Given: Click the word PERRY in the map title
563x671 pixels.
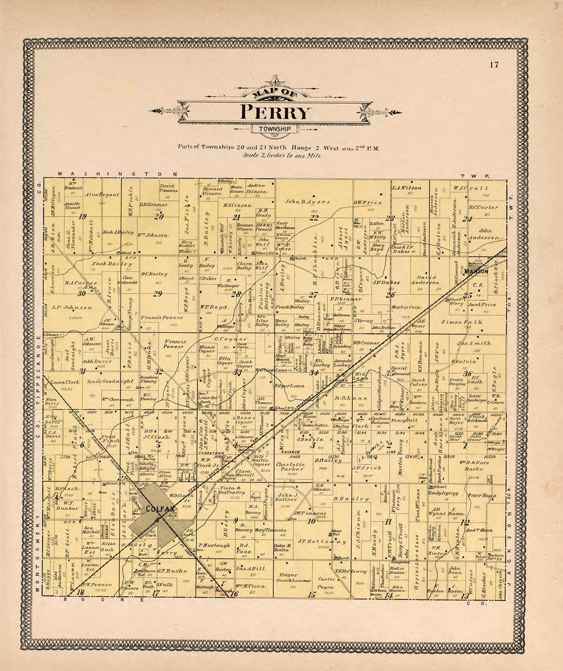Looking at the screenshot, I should (x=275, y=112).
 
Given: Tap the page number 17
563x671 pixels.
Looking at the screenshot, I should (x=493, y=64).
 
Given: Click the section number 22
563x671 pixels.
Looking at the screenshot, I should (x=314, y=218).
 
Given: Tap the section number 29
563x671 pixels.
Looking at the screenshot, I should (x=157, y=293).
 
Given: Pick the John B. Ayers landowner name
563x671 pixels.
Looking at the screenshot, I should (x=307, y=202).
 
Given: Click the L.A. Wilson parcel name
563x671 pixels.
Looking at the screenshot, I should (x=407, y=188).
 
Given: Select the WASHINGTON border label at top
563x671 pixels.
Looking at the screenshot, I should (x=118, y=174).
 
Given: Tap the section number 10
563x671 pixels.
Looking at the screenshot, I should (x=311, y=521).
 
